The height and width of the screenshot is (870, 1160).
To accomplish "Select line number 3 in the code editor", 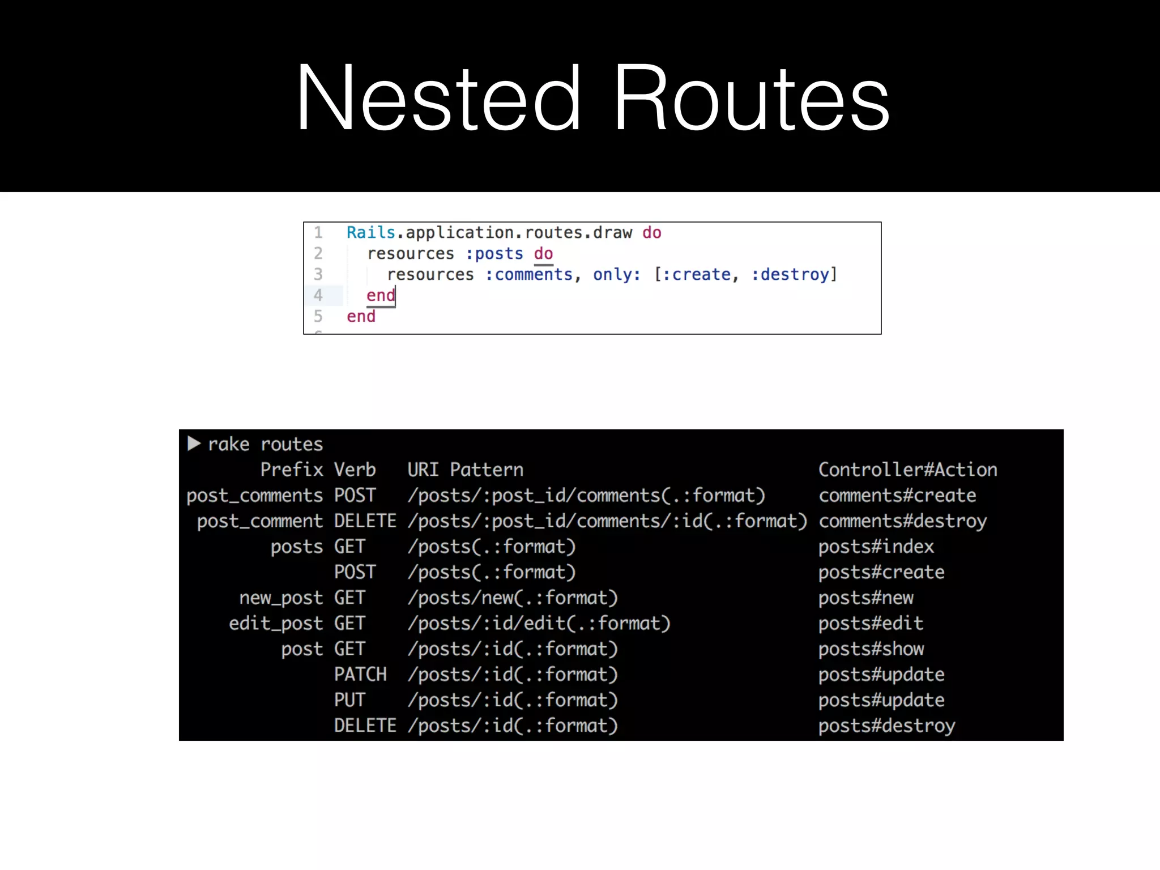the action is pos(318,275).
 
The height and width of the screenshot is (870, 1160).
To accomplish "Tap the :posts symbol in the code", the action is pos(494,254).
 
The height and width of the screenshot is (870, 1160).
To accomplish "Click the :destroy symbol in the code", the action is pos(791,275).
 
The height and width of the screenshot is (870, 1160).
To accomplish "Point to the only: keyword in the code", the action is pos(617,275).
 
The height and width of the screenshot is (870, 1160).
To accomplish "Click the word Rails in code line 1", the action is pos(371,233).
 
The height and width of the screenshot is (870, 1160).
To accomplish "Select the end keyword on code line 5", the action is pos(361,317).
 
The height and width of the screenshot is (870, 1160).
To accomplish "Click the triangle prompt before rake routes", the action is pos(194,443).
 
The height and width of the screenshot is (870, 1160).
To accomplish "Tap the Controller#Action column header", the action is pos(907,470).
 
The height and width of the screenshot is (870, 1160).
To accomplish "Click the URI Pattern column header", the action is pos(465,470).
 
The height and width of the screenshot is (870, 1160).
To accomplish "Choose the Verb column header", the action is pos(355,470).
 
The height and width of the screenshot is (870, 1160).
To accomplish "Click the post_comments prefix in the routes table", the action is pos(254,496).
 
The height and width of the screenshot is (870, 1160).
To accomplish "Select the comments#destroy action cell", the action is pos(902,521).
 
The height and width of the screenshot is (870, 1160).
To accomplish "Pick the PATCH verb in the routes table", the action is pos(360,675).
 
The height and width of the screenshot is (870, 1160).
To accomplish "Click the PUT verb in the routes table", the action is pos(349,700).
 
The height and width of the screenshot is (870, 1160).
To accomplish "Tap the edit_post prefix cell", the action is pos(276,624).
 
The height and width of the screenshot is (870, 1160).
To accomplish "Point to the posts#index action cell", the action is pos(876,547).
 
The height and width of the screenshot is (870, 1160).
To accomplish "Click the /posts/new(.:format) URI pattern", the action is pos(513,598).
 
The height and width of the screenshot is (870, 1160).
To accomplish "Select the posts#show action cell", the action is pos(871,649).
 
